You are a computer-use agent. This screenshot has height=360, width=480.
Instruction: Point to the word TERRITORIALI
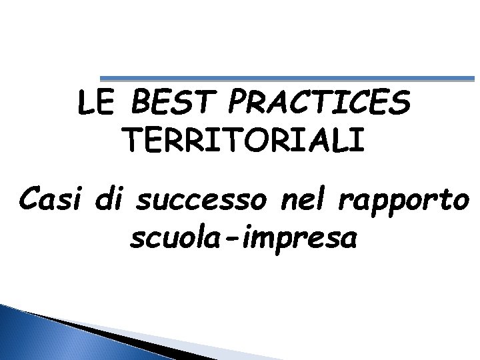click(x=244, y=140)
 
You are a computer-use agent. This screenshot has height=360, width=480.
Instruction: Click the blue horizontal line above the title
click(x=287, y=78)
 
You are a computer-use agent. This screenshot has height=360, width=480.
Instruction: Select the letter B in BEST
click(x=141, y=105)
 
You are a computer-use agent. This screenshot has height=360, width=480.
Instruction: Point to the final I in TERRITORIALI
click(x=360, y=140)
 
